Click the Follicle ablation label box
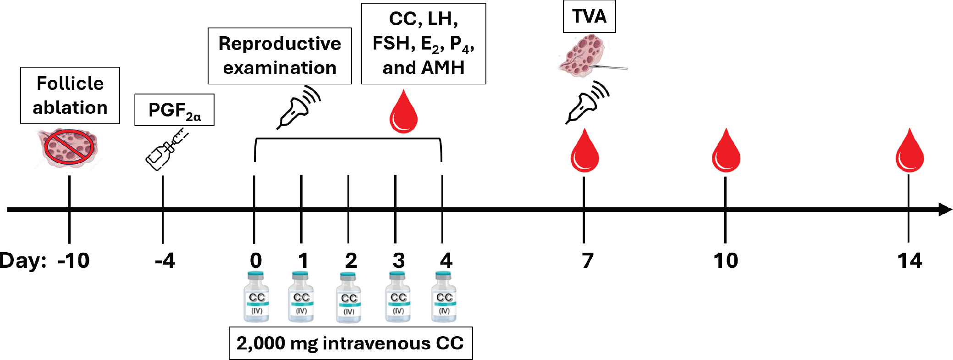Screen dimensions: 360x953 pyautogui.click(x=70, y=95)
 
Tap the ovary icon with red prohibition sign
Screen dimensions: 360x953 pyautogui.click(x=69, y=148)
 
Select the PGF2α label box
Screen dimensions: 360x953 pyautogui.click(x=174, y=110)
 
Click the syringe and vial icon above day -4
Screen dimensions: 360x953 pyautogui.click(x=166, y=150)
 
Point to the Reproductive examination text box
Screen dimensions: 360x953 pyautogui.click(x=280, y=56)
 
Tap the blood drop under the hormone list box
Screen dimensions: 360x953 pyautogui.click(x=403, y=112)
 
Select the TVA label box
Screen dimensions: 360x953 pyautogui.click(x=589, y=17)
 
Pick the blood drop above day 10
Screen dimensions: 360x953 pyautogui.click(x=726, y=151)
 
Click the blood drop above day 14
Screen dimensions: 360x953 pyautogui.click(x=909, y=151)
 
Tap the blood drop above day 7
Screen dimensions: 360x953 pyautogui.click(x=584, y=151)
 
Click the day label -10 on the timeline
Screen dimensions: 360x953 pyautogui.click(x=73, y=260)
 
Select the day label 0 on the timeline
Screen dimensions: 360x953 pyautogui.click(x=256, y=260)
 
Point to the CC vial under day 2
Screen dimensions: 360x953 pyautogui.click(x=349, y=298)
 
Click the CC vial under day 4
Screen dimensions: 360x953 pyautogui.click(x=444, y=297)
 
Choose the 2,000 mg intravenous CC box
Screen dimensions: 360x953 pyautogui.click(x=351, y=343)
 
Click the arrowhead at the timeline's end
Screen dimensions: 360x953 pyautogui.click(x=945, y=210)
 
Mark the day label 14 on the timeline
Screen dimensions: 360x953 pyautogui.click(x=909, y=260)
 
